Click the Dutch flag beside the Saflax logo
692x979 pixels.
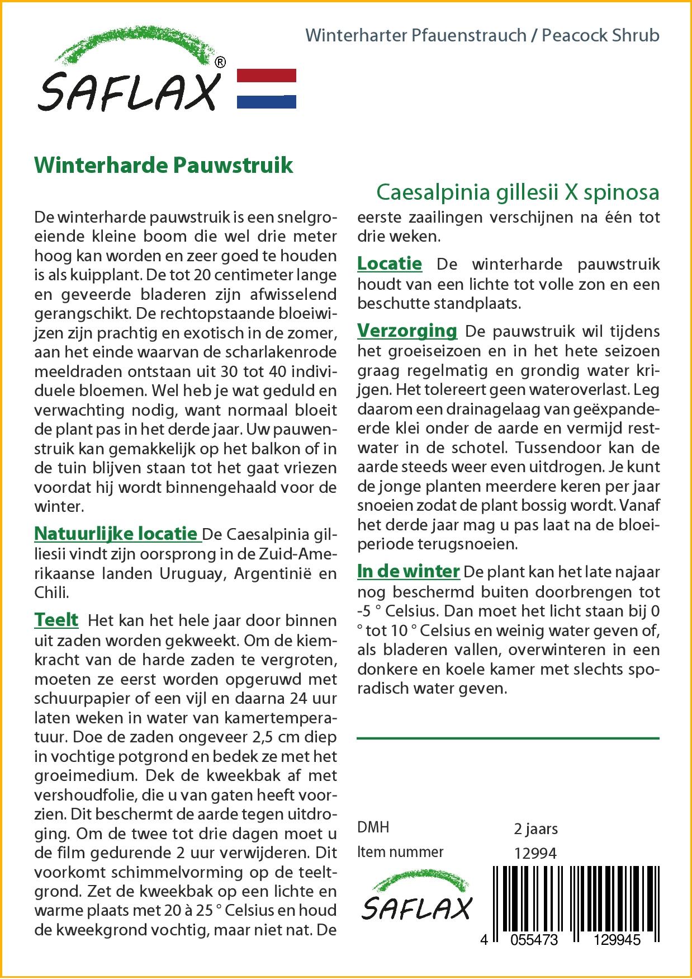(x=267, y=88)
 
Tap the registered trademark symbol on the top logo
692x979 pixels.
(x=221, y=62)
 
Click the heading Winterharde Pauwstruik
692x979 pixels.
(x=164, y=166)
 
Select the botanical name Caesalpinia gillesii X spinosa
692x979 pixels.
(x=518, y=192)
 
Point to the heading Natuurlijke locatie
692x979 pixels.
(x=116, y=533)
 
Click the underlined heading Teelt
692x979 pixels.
(x=56, y=620)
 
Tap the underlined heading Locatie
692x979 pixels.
(x=390, y=263)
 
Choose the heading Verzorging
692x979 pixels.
(x=407, y=331)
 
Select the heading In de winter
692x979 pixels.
(x=408, y=571)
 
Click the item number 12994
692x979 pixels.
(x=535, y=853)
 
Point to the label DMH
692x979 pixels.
(x=373, y=827)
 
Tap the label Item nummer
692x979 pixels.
(x=400, y=852)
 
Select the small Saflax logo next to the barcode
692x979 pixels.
(x=416, y=901)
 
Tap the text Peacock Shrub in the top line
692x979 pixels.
(x=601, y=35)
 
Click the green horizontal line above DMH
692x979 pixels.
(x=508, y=738)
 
